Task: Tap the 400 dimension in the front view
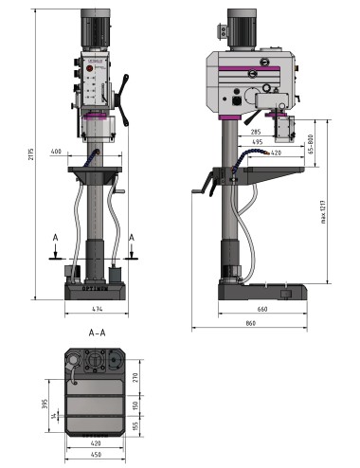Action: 57,151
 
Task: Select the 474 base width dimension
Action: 98,310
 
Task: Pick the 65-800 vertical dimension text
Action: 312,141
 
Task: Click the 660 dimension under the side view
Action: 261,310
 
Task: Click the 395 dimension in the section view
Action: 45,405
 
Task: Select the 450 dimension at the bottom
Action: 96,454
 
